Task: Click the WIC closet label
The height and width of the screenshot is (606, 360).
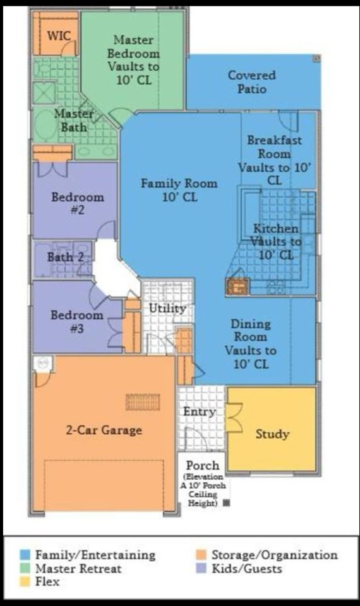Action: pos(59,36)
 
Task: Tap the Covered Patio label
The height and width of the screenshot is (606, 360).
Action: pos(252,82)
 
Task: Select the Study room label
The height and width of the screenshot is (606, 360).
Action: pos(272,434)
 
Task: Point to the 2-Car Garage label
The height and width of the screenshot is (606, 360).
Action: pos(104,430)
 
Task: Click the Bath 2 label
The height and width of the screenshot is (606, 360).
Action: pos(65,257)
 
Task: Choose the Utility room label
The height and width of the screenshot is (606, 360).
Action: pos(167,309)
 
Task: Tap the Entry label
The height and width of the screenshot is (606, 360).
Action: pos(199,412)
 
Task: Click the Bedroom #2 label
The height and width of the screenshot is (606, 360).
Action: pos(78,203)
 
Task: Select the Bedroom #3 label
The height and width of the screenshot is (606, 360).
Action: pos(77,321)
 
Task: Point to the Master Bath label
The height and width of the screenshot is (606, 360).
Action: pos(74,120)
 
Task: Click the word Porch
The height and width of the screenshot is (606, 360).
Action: pos(203,465)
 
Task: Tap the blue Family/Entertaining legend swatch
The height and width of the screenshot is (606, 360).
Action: pos(25,555)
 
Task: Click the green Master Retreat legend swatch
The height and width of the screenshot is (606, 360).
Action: pos(25,569)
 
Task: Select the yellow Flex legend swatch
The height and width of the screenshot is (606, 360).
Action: pos(25,581)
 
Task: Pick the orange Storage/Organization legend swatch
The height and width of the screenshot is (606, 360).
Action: pos(201,555)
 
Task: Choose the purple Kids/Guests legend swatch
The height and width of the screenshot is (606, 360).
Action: pos(201,569)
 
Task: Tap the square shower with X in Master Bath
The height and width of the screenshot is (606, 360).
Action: pos(44,93)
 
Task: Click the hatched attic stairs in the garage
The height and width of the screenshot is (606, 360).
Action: pos(143,402)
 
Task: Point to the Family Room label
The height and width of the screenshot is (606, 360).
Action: pos(179,190)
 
